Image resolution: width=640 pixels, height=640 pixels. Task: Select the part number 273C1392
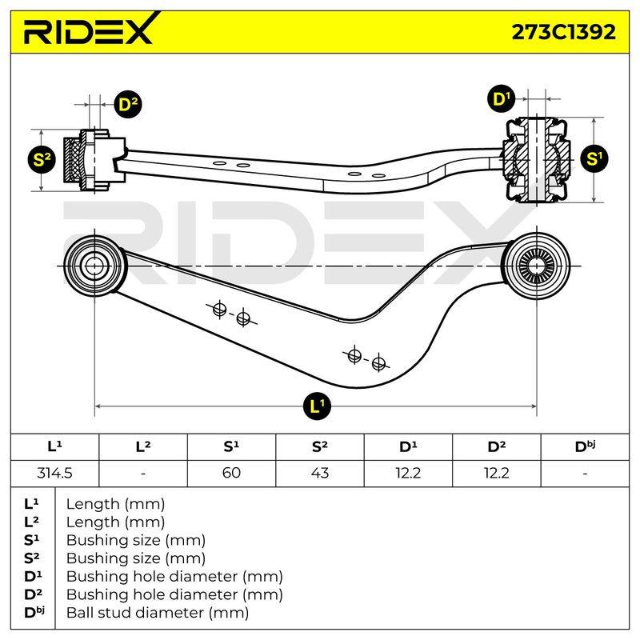coord(564,32)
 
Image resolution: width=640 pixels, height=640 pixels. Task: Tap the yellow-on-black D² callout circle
coord(127,105)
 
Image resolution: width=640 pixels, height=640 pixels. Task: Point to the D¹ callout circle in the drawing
coord(501,99)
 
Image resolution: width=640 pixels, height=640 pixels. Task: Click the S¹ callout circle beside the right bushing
coord(594,158)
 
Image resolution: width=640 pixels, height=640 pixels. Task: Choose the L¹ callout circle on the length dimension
coord(317,406)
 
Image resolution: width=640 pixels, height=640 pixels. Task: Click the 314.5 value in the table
coord(54,473)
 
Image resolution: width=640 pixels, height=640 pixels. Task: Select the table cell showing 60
coord(231,473)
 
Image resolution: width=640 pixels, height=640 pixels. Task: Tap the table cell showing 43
coord(319,473)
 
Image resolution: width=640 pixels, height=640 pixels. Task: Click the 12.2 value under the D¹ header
coord(408,473)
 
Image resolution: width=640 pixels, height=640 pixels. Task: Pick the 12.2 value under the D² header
coord(496,473)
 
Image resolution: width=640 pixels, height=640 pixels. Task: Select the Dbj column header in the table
coord(585,446)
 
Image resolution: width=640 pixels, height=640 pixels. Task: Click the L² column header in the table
coord(143,446)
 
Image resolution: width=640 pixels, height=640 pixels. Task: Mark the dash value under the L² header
coord(143,474)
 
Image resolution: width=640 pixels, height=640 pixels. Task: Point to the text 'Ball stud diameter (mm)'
coord(158,612)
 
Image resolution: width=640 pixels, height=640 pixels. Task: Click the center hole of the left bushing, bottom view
coord(94,266)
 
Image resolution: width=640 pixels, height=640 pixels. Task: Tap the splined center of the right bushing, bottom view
coord(536,266)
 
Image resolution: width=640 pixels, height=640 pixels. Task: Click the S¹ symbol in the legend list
coord(31,540)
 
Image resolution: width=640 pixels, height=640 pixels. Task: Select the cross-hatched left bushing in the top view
coord(74,160)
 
